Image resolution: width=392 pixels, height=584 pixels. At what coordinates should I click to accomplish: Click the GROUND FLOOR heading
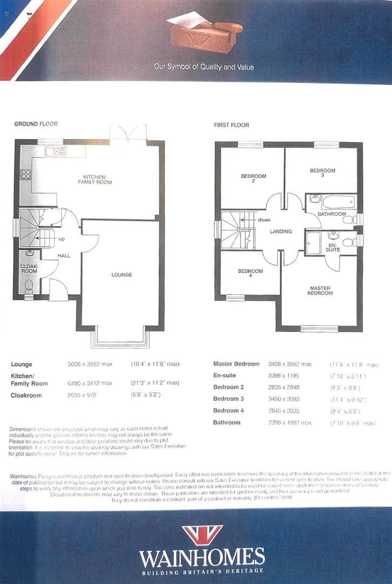point(36,124)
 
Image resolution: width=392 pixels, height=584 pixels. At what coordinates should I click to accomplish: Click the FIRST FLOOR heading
point(231,125)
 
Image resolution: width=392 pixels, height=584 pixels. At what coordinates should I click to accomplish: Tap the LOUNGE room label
point(122,275)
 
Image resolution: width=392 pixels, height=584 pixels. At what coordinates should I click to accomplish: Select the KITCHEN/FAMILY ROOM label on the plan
point(94,180)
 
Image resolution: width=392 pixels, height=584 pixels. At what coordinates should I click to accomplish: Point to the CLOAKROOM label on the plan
point(29,269)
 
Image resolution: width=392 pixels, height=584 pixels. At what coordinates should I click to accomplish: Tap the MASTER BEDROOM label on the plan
point(320,291)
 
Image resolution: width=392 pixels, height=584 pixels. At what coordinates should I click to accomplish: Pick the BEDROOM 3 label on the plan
point(322,173)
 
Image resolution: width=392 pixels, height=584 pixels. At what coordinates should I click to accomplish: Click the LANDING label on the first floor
point(281,231)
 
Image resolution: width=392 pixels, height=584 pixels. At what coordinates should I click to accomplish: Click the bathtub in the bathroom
point(338,202)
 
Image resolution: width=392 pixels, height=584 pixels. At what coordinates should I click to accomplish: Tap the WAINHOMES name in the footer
point(202,558)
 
